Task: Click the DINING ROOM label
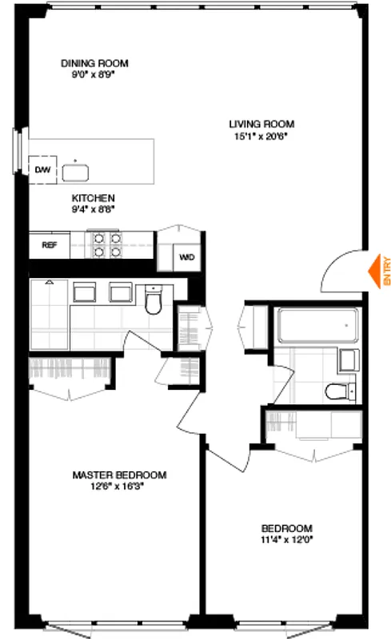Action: (95, 63)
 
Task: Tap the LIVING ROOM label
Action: (261, 124)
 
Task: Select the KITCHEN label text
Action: (94, 198)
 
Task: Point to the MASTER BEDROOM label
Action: (119, 474)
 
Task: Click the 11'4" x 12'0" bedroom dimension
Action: (287, 538)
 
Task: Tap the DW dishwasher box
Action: (41, 169)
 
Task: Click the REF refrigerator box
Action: (49, 245)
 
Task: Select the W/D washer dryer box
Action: (186, 257)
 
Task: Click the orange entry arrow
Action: (373, 270)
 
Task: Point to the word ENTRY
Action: (386, 270)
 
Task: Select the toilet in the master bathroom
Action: (154, 301)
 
